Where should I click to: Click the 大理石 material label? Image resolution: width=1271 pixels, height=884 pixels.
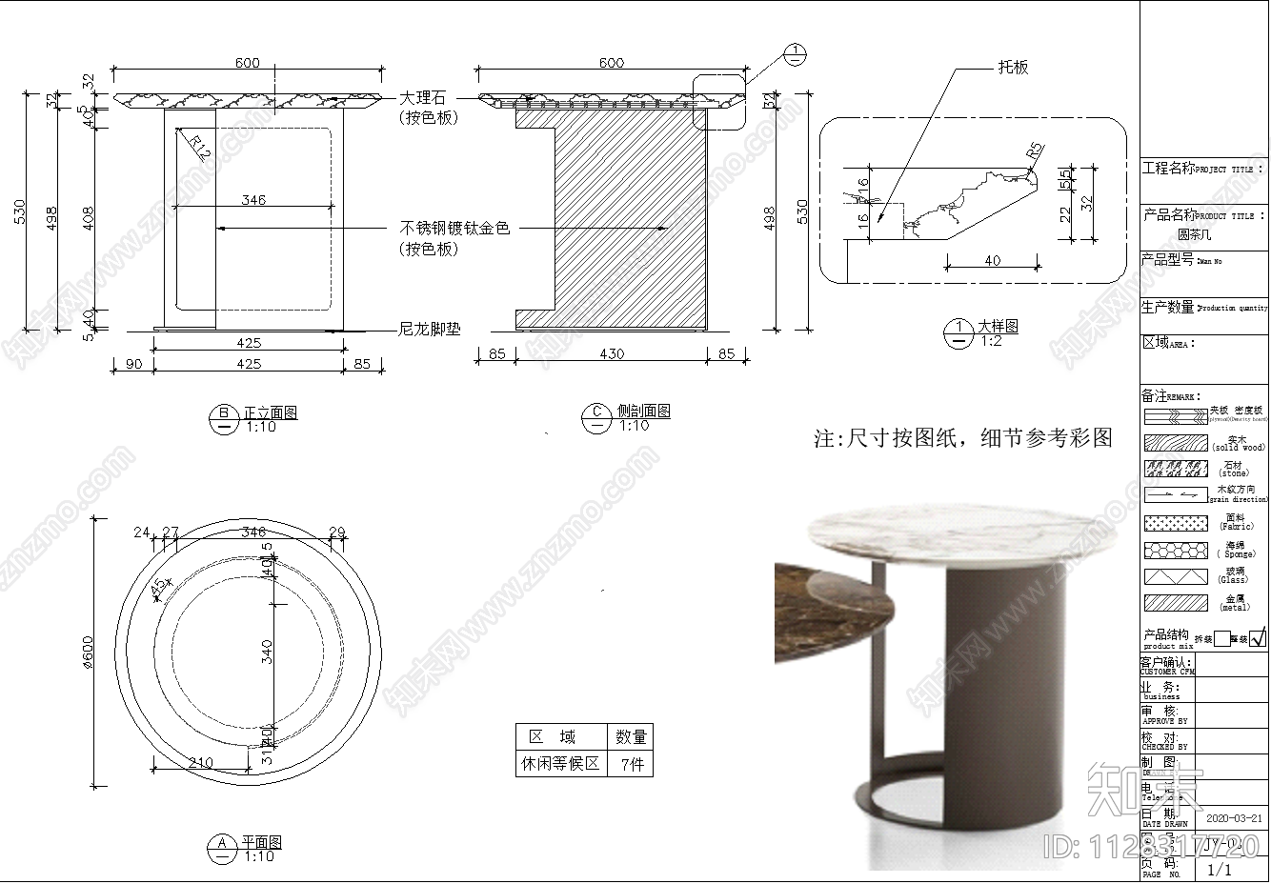(422, 98)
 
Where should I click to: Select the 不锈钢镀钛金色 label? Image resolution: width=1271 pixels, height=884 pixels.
(454, 229)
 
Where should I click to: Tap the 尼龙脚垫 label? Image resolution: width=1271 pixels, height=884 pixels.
(429, 330)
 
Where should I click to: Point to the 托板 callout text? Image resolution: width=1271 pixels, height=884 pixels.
(1013, 68)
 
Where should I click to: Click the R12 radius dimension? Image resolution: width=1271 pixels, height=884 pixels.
(198, 146)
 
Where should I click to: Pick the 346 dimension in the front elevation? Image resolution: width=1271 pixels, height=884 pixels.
(253, 200)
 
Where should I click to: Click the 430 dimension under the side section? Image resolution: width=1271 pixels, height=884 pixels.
(612, 354)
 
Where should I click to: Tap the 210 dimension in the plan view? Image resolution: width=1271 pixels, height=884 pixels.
(200, 762)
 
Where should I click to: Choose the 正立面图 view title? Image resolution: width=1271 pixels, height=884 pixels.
(270, 412)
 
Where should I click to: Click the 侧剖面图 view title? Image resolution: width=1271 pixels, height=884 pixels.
(643, 411)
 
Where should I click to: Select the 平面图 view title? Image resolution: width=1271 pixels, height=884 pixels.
(260, 842)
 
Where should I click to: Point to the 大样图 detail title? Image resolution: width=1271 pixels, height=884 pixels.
(998, 326)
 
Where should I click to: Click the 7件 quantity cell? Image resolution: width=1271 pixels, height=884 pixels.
(631, 764)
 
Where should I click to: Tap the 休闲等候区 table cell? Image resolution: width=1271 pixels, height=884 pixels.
(560, 764)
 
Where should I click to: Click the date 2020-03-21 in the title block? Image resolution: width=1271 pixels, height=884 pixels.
(1235, 817)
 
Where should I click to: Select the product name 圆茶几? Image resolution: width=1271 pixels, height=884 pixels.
(1194, 234)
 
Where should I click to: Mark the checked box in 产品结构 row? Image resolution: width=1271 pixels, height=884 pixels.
(1258, 638)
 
